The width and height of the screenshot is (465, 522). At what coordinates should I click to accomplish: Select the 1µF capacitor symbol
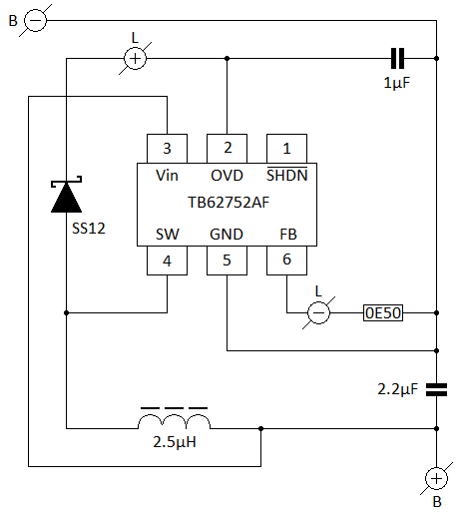397,58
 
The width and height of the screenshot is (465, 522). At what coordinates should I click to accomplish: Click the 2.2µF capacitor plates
436,389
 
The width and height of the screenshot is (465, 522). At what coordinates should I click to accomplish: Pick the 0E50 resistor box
383,313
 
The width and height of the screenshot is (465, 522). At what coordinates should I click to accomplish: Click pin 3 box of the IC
167,149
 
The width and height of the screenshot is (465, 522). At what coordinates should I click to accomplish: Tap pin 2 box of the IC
227,149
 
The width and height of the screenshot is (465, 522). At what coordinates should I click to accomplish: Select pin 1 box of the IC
287,149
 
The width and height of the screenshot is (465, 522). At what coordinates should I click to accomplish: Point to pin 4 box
167,261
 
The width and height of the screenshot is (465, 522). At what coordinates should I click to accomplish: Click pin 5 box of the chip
227,261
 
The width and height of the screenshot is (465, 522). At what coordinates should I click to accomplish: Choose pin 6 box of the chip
287,261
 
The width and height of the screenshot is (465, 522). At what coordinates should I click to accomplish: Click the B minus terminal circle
36,20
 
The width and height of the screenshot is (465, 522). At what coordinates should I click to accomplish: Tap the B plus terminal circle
436,479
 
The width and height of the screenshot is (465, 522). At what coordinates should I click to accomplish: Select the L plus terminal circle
135,59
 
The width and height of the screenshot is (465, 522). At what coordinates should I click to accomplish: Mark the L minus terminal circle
318,313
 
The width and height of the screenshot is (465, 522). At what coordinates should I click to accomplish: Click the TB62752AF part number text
229,203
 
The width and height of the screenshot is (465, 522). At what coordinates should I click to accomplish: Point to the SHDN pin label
287,175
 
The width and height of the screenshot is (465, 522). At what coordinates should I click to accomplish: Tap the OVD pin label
227,176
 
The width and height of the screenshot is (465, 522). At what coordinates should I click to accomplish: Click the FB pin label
288,235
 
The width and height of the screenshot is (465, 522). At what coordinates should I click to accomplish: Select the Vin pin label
167,176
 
